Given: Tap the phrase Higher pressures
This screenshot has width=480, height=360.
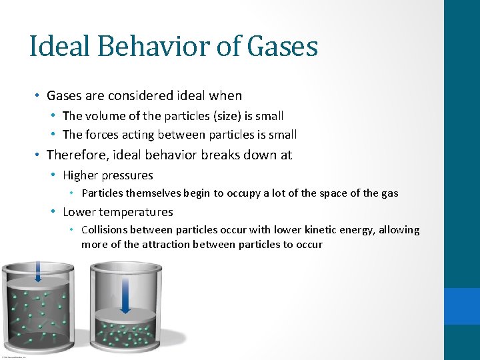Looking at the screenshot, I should pos(108,175).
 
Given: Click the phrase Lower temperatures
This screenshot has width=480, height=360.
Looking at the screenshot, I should pos(118,212).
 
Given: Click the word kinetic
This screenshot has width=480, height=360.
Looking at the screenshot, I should pos(319,230).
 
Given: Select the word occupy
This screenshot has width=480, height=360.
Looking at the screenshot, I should pos(247,193).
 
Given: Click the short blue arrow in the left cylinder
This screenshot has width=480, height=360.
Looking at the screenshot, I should pos(38,271).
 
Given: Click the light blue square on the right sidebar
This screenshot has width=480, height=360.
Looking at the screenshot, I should pos(462,307).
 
